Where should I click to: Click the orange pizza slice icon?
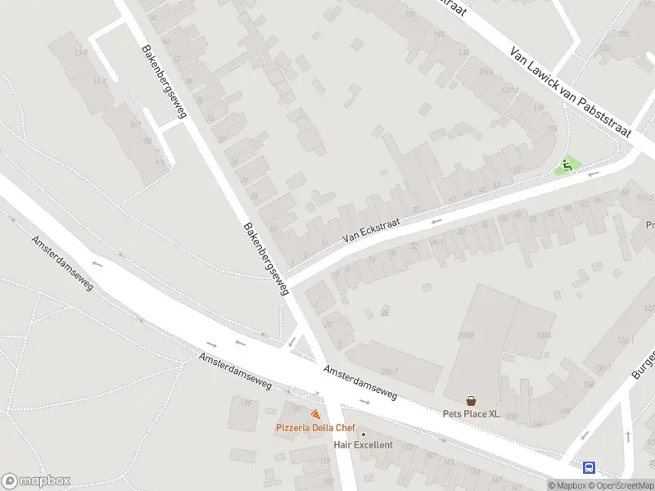coord(315,416)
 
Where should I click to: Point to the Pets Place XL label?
coord(471,414)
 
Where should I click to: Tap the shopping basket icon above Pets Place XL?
coord(472,401)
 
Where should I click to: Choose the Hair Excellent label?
coord(363,445)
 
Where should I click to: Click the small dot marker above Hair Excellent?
coord(364,434)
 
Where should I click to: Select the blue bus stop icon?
coord(589,468)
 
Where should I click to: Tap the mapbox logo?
coord(35,481)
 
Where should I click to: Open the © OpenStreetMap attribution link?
coord(621,485)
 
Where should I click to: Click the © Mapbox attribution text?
coord(567,485)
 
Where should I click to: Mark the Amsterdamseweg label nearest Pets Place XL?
coord(360,383)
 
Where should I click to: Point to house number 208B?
coord(466,335)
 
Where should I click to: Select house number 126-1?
coord(626,341)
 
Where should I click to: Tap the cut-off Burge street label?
coord(643,363)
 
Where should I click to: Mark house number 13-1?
coord(80,52)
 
